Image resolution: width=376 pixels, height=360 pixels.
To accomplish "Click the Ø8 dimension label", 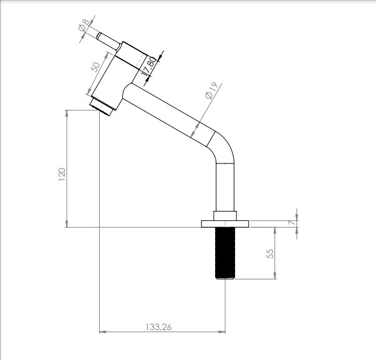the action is [84, 25].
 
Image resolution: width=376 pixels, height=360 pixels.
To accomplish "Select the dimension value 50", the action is [95, 67].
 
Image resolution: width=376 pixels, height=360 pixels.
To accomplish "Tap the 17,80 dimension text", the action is [148, 66].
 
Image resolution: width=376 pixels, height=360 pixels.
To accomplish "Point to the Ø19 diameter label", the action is [211, 90].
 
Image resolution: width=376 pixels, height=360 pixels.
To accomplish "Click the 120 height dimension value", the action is [62, 175].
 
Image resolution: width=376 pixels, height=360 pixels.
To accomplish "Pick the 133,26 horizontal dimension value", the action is [158, 327].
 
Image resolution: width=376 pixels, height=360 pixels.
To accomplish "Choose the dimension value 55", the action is [270, 254].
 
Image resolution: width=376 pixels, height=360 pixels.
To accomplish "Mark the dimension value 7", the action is [292, 223].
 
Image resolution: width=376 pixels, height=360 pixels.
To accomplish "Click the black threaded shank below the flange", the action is [225, 253].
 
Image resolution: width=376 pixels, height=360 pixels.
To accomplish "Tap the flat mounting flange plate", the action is [225, 224].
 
